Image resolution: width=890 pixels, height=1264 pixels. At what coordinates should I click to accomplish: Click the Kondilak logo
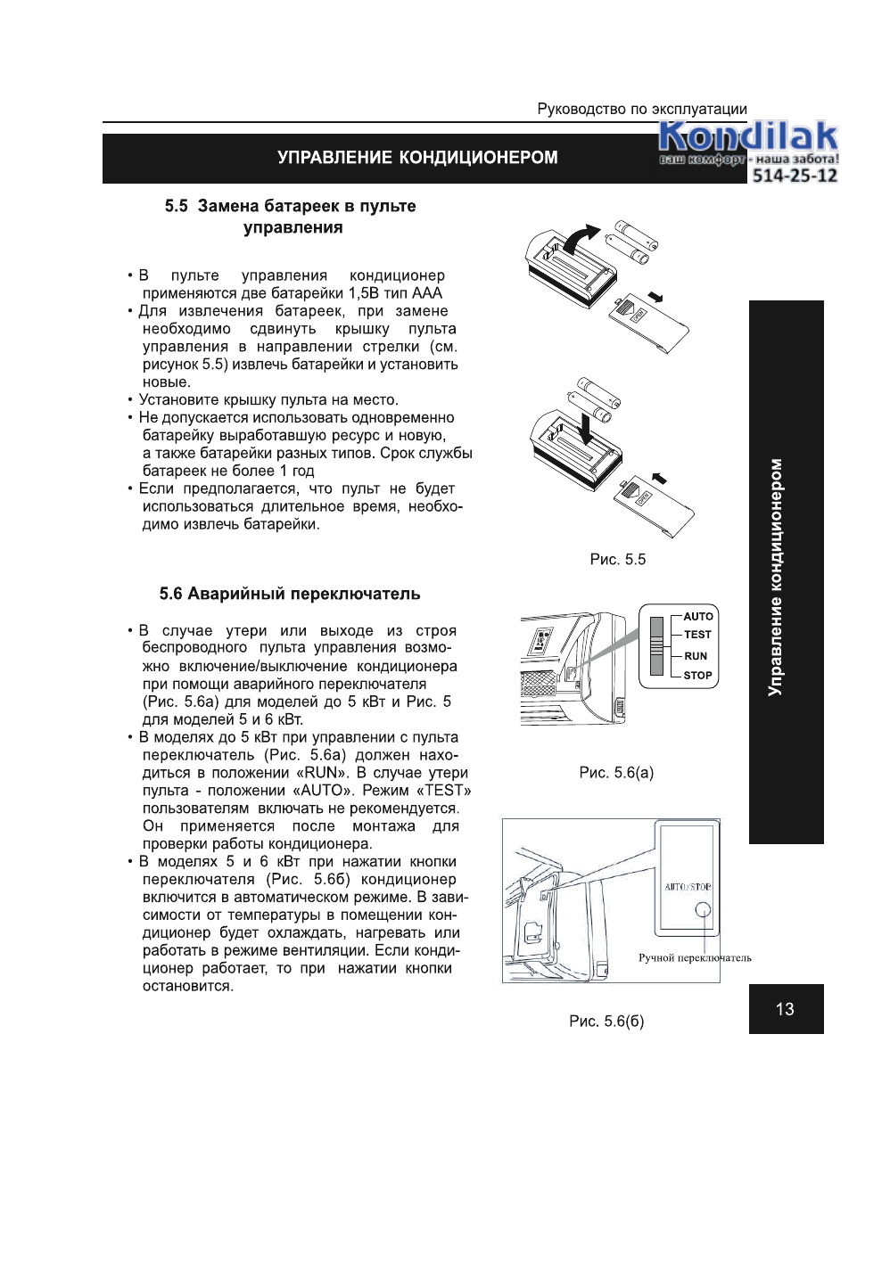(747, 139)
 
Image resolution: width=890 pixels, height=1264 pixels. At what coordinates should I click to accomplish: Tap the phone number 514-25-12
(795, 176)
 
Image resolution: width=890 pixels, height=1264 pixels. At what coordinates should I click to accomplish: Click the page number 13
(785, 1009)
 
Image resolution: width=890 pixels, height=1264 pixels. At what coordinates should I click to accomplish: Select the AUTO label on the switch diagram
(698, 617)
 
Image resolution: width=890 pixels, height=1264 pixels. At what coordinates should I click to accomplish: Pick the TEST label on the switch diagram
(697, 635)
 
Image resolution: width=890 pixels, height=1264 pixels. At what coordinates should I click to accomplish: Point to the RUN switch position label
(696, 656)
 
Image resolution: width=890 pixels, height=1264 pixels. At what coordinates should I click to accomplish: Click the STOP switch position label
(697, 676)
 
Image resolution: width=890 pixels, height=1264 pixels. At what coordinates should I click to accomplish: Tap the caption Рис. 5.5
(617, 560)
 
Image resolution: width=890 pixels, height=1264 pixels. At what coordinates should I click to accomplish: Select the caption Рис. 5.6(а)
(616, 773)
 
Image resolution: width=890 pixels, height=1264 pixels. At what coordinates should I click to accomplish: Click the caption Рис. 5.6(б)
(606, 1022)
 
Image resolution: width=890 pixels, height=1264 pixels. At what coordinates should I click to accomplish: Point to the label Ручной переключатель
(695, 958)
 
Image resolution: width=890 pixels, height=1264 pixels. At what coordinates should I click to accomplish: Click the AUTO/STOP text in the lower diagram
(688, 887)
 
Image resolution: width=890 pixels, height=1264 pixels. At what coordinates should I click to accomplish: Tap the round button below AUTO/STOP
(703, 910)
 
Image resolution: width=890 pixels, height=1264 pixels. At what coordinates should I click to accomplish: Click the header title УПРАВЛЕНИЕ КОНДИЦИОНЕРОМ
(417, 158)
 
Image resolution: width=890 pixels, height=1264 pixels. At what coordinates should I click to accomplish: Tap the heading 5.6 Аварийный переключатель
(290, 594)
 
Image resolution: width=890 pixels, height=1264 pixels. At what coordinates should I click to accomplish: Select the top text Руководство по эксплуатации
(642, 110)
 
